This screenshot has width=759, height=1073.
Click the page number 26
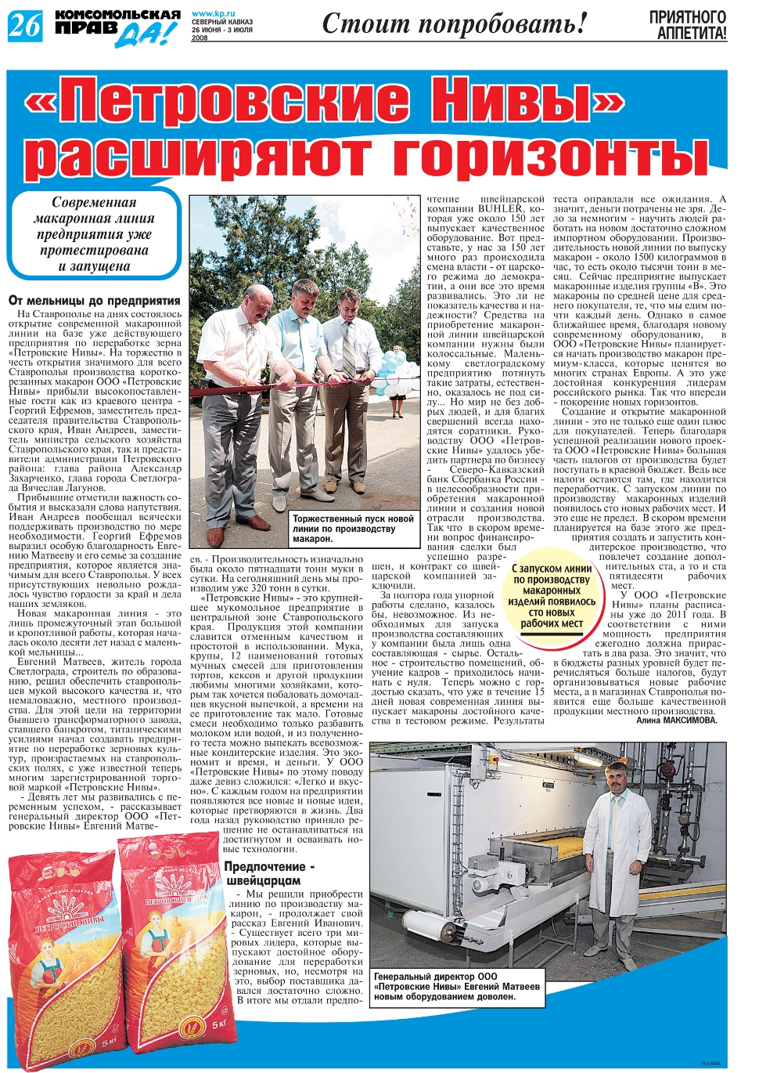point(23,27)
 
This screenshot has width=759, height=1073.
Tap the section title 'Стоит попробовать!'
point(454,24)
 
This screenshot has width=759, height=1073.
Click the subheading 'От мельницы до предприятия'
point(94,300)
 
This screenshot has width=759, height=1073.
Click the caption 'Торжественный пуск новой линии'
point(353,529)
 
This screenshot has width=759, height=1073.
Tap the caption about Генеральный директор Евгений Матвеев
point(457,987)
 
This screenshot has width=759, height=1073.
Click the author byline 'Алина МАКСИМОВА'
point(676,720)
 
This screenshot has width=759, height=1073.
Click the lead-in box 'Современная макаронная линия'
point(94,234)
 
